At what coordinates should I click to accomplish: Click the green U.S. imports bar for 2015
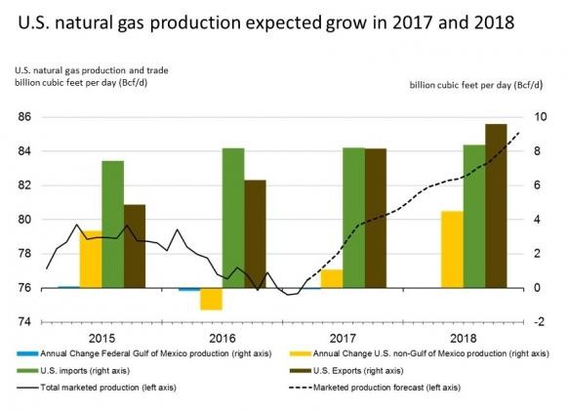112,225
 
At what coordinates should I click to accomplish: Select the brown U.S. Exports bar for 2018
496,206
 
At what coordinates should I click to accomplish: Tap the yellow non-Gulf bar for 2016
211,299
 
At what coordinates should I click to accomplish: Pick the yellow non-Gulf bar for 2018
452,249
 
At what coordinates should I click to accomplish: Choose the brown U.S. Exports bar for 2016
255,234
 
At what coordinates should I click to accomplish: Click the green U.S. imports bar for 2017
354,218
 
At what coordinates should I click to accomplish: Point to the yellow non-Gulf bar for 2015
91,259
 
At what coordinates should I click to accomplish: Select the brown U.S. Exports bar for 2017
376,218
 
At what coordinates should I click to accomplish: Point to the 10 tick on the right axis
540,117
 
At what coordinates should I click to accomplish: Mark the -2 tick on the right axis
539,322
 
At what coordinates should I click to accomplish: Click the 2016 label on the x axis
223,339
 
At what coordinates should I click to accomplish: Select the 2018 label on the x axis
464,339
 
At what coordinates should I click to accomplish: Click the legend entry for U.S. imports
73,371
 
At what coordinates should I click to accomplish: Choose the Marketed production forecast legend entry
375,388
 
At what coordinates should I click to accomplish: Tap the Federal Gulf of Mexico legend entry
144,353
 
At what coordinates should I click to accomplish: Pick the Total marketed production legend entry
97,388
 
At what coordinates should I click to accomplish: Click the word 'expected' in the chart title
284,23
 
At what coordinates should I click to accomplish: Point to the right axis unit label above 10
476,85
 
